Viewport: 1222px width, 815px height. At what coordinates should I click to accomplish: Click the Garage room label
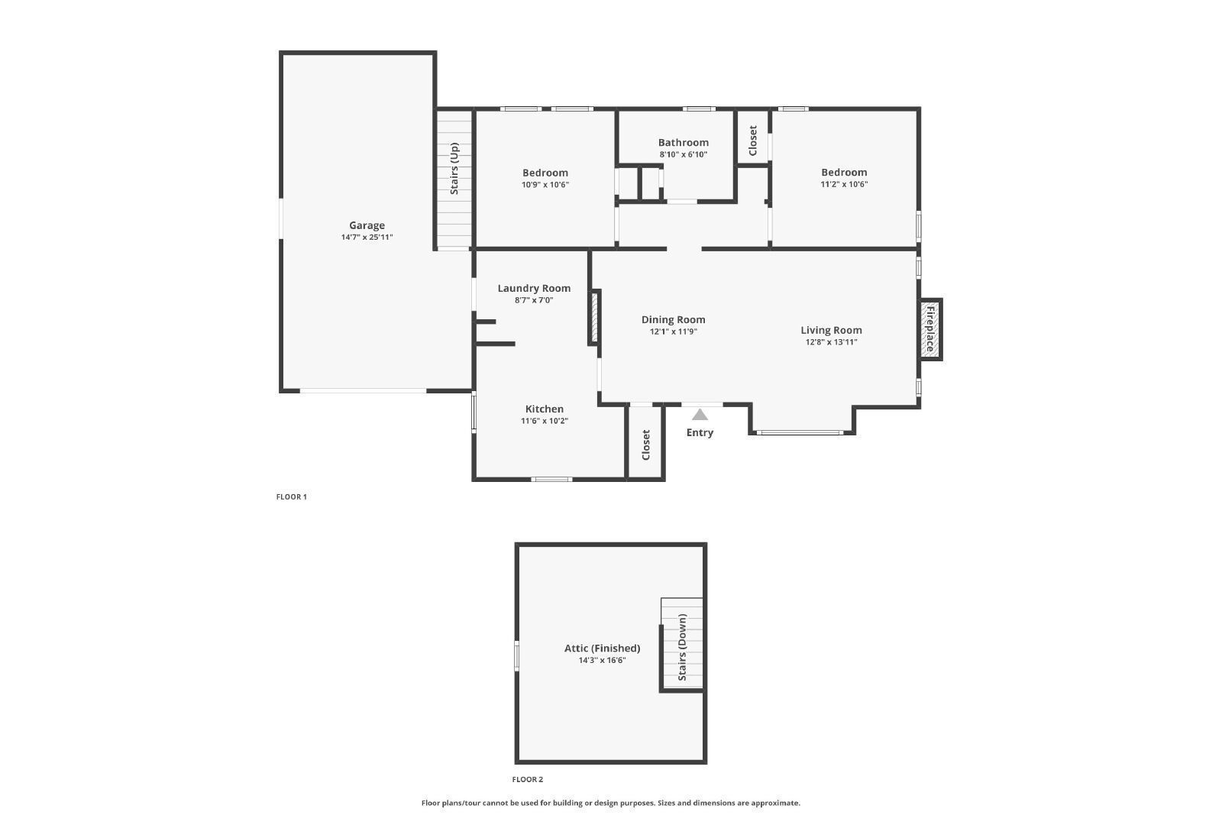(367, 225)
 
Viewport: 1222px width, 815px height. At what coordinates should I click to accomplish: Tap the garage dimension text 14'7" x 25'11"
(367, 238)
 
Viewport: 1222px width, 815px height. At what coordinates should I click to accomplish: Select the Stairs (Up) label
(454, 169)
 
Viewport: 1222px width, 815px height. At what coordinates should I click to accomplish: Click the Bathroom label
(683, 142)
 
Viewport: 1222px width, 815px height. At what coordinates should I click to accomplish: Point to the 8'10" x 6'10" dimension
(683, 154)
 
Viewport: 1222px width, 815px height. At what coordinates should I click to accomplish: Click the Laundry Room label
(534, 288)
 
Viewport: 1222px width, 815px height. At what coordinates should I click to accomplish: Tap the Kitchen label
(544, 409)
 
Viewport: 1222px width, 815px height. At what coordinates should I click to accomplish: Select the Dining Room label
(673, 320)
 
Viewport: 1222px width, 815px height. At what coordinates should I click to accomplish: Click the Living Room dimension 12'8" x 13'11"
(832, 342)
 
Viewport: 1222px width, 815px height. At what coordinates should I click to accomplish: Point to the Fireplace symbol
(930, 329)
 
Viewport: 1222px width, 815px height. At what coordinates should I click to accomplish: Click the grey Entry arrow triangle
(700, 415)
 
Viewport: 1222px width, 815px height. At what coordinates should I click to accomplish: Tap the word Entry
(700, 432)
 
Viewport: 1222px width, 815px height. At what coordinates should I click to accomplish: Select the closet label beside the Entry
(646, 445)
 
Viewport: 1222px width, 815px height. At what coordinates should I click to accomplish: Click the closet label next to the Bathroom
(753, 141)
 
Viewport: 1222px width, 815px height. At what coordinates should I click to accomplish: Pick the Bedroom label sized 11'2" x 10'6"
(844, 173)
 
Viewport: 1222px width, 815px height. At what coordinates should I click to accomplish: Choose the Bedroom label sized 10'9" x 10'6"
(545, 173)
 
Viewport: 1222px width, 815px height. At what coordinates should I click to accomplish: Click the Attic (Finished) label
(603, 648)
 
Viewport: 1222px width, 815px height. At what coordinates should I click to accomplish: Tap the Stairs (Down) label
(682, 647)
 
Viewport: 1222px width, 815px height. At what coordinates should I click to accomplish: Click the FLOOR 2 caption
(528, 780)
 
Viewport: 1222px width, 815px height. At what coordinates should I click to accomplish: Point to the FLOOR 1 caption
(291, 497)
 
